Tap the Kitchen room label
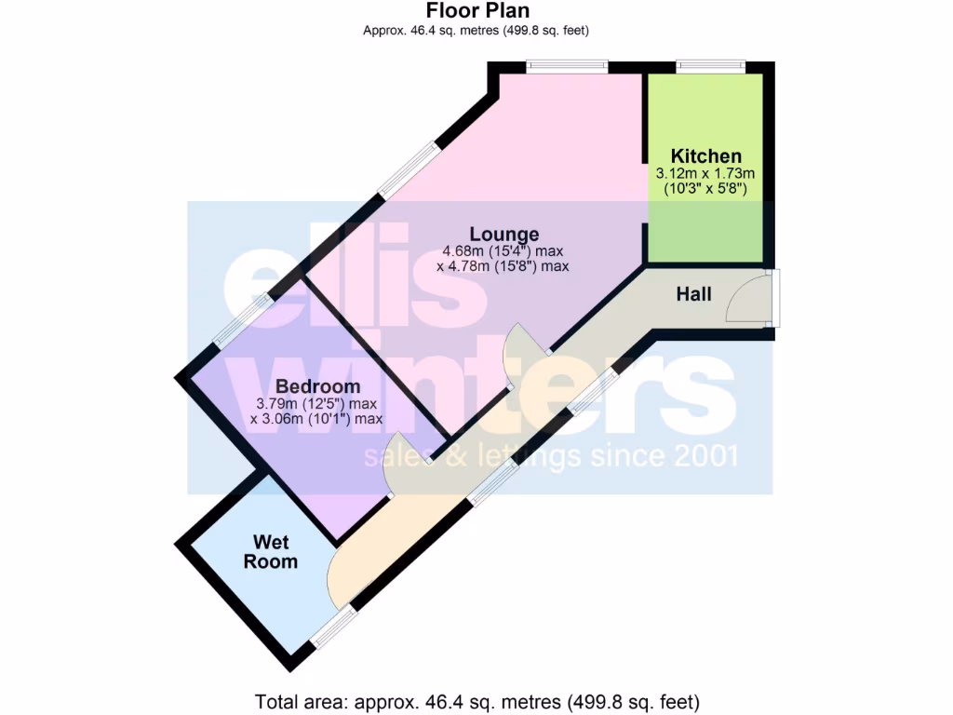point(706,155)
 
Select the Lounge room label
point(503,234)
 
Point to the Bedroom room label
point(317,386)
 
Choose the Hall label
point(693,294)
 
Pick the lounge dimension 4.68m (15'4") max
point(503,250)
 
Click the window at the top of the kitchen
point(710,66)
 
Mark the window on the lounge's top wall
point(567,66)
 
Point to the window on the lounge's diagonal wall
point(408,169)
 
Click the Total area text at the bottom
point(476,700)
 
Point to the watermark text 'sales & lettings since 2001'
point(551,457)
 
